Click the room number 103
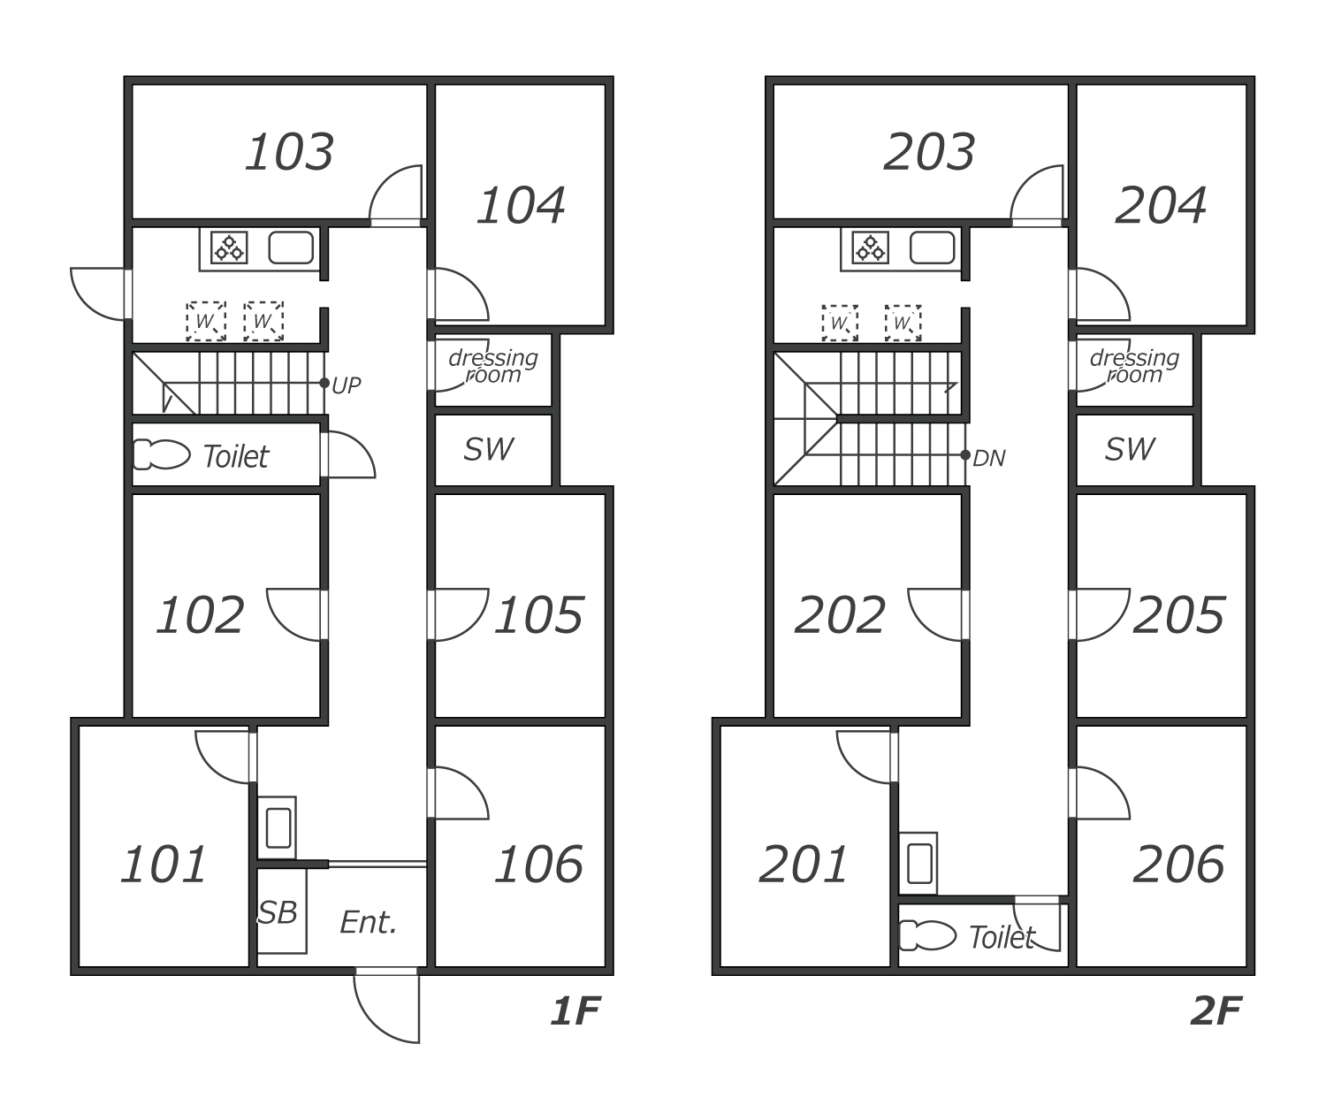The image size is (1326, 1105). [289, 152]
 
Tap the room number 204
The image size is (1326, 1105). [1160, 205]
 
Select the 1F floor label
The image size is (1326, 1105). [575, 1011]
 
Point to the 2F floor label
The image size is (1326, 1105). [1215, 1011]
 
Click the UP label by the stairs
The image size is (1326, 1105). [346, 385]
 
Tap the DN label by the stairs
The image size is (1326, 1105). [988, 458]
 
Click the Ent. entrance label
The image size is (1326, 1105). [369, 923]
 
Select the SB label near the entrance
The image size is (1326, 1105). [278, 912]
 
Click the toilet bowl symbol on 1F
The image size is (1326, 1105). [161, 455]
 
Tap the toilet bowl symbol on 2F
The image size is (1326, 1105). [927, 935]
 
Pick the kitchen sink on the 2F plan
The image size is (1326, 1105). [932, 248]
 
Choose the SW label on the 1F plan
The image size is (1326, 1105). [488, 449]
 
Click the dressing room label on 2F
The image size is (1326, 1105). [1134, 366]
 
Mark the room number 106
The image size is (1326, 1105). [538, 864]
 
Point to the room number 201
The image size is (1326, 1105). [803, 864]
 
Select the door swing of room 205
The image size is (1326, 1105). [1101, 613]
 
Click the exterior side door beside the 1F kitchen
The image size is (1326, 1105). [99, 293]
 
